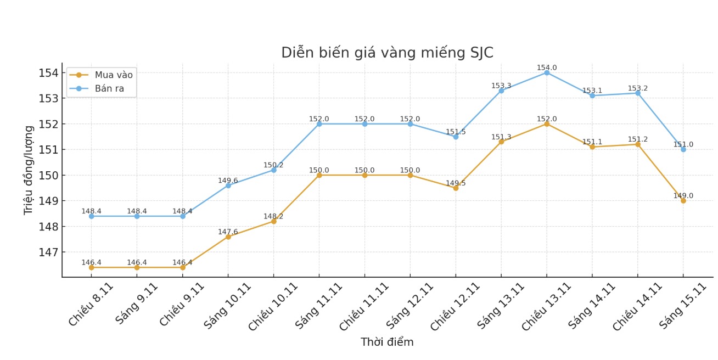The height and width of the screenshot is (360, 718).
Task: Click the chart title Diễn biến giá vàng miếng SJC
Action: click(x=387, y=53)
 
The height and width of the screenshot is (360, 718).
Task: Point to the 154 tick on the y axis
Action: click(x=48, y=73)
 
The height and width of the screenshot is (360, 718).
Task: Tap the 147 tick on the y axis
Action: click(x=48, y=252)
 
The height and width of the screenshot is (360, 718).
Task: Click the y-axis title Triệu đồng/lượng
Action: click(x=29, y=170)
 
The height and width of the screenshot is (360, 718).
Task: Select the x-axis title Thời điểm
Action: click(x=387, y=342)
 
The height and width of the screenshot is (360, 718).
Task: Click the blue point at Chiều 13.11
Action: click(x=547, y=72)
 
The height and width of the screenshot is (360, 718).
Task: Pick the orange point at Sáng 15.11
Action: click(x=683, y=201)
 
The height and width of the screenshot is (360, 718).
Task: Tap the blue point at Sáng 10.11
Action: click(x=228, y=185)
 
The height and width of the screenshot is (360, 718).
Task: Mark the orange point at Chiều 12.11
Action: click(x=456, y=188)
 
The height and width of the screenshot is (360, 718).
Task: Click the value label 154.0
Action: click(x=547, y=68)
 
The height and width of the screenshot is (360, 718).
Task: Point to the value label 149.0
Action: click(x=683, y=196)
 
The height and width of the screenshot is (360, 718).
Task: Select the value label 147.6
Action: click(x=228, y=232)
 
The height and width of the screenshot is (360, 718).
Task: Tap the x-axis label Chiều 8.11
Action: click(x=91, y=305)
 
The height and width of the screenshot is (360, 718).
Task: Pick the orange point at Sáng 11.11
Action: click(x=319, y=175)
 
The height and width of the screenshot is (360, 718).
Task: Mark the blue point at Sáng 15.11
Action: click(x=683, y=149)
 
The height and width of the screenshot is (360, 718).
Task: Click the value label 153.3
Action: click(x=501, y=86)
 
